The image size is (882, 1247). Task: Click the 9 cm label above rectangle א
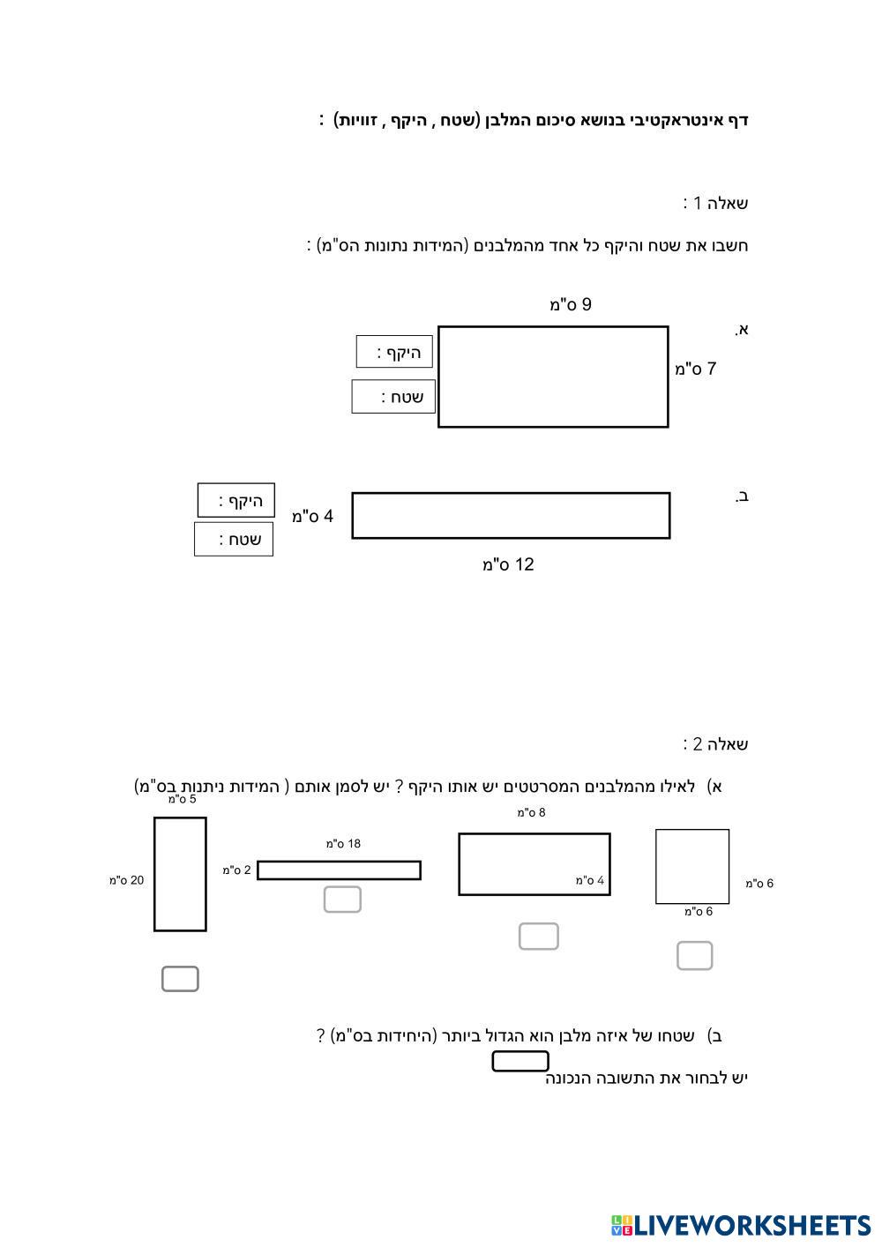click(x=570, y=305)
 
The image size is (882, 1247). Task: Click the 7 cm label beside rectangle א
click(x=695, y=369)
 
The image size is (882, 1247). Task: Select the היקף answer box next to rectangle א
click(x=394, y=352)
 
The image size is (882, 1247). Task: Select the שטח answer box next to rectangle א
click(x=393, y=397)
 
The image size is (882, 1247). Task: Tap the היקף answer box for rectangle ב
click(x=236, y=501)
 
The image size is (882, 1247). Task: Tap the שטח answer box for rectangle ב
click(x=234, y=540)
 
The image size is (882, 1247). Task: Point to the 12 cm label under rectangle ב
click(x=508, y=564)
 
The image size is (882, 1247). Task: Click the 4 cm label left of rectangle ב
click(x=313, y=516)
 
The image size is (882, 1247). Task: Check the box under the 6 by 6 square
click(x=694, y=956)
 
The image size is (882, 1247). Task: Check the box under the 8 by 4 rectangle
click(x=538, y=937)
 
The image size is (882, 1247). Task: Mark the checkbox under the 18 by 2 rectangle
click(x=342, y=900)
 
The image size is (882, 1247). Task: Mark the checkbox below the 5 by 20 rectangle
click(x=180, y=979)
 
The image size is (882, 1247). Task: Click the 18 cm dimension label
click(x=343, y=844)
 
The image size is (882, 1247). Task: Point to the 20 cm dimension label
click(x=127, y=880)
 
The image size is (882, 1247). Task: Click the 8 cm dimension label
click(x=531, y=813)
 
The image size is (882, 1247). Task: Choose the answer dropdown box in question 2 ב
click(x=520, y=1062)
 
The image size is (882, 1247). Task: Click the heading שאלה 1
click(x=715, y=204)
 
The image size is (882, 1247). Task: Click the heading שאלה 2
click(x=715, y=744)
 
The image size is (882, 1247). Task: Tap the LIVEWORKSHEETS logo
click(x=741, y=1225)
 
